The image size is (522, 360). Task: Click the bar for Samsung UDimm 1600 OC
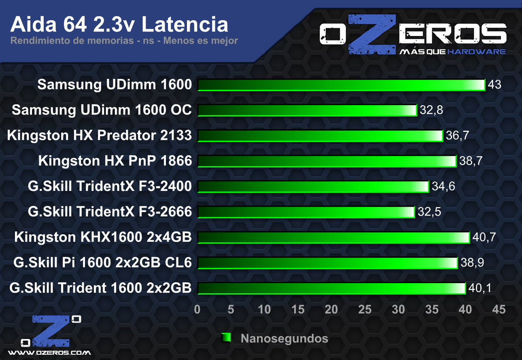pyautogui.click(x=307, y=110)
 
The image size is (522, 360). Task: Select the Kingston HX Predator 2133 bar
pyautogui.click(x=320, y=136)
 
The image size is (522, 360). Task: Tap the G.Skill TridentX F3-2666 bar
pyautogui.click(x=306, y=212)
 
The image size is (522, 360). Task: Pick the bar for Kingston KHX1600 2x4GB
pyautogui.click(x=333, y=237)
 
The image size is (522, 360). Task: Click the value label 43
pyautogui.click(x=495, y=85)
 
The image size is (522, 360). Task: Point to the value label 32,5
pyautogui.click(x=427, y=212)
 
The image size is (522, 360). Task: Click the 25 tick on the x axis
pyautogui.click(x=365, y=309)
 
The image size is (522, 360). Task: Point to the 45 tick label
pyautogui.click(x=499, y=309)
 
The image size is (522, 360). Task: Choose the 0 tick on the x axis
pyautogui.click(x=197, y=309)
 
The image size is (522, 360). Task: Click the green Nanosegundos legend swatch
pyautogui.click(x=226, y=338)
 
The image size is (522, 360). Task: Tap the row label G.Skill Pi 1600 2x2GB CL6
pyautogui.click(x=102, y=263)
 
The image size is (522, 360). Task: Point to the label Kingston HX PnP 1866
pyautogui.click(x=115, y=161)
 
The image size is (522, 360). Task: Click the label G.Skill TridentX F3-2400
pyautogui.click(x=110, y=186)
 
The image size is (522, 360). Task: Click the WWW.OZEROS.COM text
pyautogui.click(x=49, y=353)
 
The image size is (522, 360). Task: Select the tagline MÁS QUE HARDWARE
pyautogui.click(x=452, y=52)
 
